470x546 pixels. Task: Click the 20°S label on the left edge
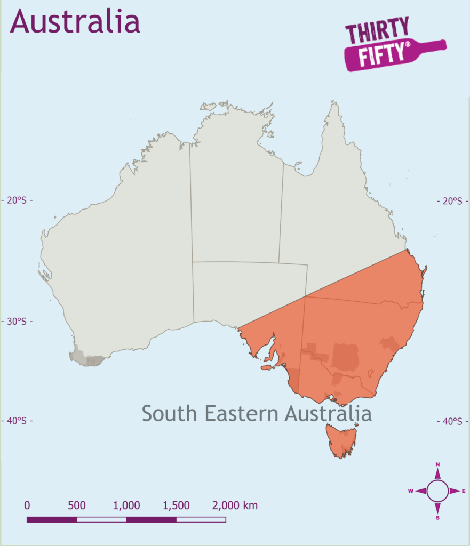tap(17, 200)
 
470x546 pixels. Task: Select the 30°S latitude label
tap(17, 322)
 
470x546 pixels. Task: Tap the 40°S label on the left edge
tap(17, 421)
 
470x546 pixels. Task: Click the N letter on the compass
tap(437, 464)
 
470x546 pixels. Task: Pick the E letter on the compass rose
tap(464, 491)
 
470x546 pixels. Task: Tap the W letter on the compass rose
tap(411, 491)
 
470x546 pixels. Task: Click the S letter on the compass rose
tap(437, 518)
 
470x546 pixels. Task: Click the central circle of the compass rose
tap(437, 491)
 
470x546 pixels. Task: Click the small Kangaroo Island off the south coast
tap(267, 367)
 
